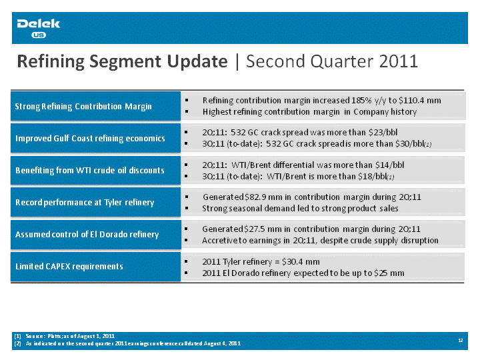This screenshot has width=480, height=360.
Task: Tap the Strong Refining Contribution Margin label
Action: tap(83, 106)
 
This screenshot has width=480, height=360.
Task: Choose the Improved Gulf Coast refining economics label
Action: tap(90, 139)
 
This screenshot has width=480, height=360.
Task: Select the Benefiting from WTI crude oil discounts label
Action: tap(90, 170)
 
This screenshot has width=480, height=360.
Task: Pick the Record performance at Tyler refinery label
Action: tap(85, 203)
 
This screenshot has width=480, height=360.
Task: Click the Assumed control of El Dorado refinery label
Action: tap(87, 235)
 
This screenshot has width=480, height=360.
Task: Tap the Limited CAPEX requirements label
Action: tap(69, 266)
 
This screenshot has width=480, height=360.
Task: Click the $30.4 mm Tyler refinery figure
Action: tap(301, 262)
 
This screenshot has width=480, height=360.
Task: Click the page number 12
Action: tap(461, 341)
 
